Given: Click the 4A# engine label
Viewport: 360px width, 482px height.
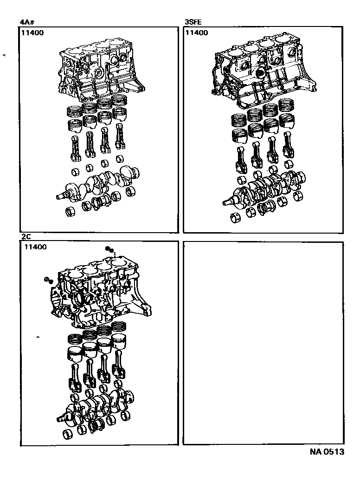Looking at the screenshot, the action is pos(26,21).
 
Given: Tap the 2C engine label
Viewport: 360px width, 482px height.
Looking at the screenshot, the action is pos(26,236).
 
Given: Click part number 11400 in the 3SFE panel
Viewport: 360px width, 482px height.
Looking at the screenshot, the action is pos(197,33).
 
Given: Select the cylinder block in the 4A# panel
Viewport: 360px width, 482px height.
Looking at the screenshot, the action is pos(100,74).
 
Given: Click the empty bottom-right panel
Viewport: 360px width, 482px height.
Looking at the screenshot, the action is pos(264,343).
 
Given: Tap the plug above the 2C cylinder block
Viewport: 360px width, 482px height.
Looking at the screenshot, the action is pos(109,250).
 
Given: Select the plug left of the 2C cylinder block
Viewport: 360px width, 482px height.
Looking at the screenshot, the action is pos(47,280).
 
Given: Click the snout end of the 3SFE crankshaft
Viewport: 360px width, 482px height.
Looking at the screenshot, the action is pos(228,202).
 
